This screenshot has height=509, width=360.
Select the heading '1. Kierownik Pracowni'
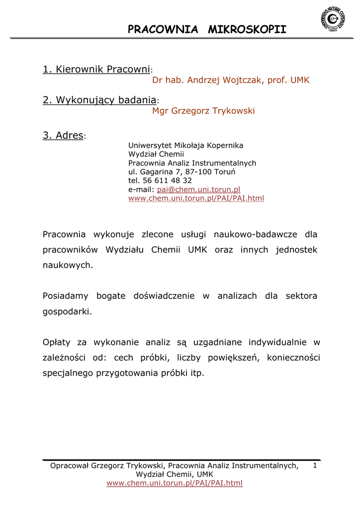point(96,70)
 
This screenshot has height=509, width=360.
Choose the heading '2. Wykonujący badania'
point(99,100)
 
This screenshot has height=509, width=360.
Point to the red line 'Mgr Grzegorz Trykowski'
point(203,111)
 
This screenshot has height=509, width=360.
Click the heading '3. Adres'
point(63,135)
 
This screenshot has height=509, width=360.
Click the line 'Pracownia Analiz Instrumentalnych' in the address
point(192,163)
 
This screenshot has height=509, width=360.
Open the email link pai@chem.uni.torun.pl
point(199,189)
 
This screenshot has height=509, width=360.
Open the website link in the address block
point(196,198)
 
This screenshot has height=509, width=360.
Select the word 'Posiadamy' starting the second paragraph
point(66,296)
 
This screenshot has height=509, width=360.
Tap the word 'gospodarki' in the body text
point(67,312)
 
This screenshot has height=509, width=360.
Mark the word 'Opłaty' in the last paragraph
point(57,342)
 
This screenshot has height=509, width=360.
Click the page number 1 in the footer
point(315,466)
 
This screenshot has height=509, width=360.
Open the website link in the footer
point(175,483)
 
